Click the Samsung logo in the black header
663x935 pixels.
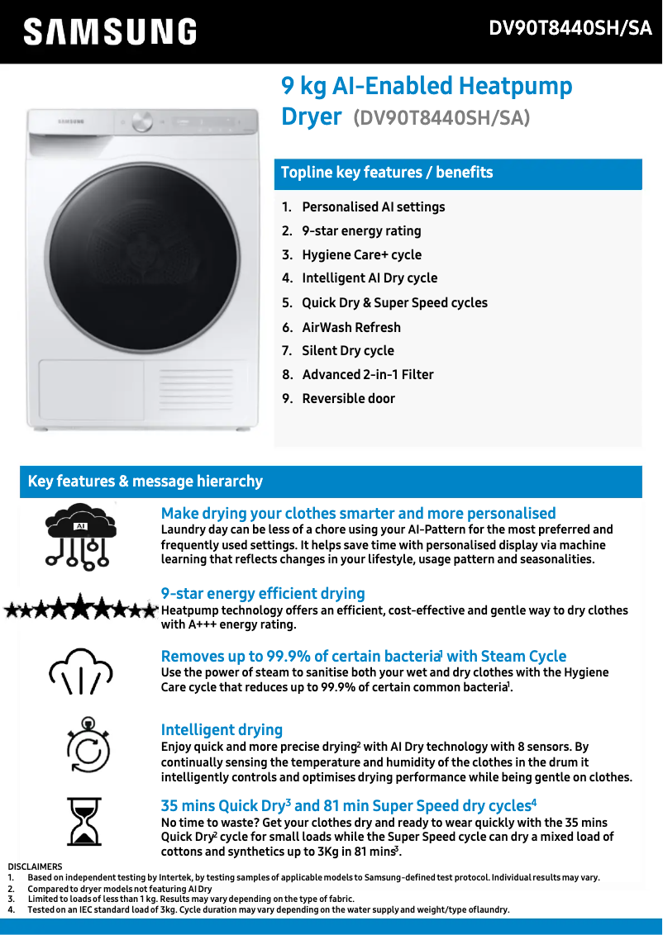click(x=110, y=32)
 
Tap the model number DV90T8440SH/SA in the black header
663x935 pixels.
click(x=570, y=29)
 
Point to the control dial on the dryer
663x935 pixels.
click(x=143, y=122)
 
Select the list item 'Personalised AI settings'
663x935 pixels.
click(x=373, y=207)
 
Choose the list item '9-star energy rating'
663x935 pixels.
click(x=361, y=231)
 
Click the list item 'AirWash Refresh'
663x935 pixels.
click(x=351, y=327)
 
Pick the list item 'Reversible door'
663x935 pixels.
click(x=348, y=399)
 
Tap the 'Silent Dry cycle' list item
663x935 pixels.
click(x=347, y=351)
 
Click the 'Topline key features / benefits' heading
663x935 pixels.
click(x=387, y=173)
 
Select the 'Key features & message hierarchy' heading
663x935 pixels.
click(x=145, y=482)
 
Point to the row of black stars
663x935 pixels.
click(x=80, y=610)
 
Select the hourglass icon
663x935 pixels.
click(x=84, y=821)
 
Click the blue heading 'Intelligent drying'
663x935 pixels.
click(x=222, y=730)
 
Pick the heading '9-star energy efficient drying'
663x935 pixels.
click(x=263, y=594)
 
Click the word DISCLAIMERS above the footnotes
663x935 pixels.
click(x=35, y=866)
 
